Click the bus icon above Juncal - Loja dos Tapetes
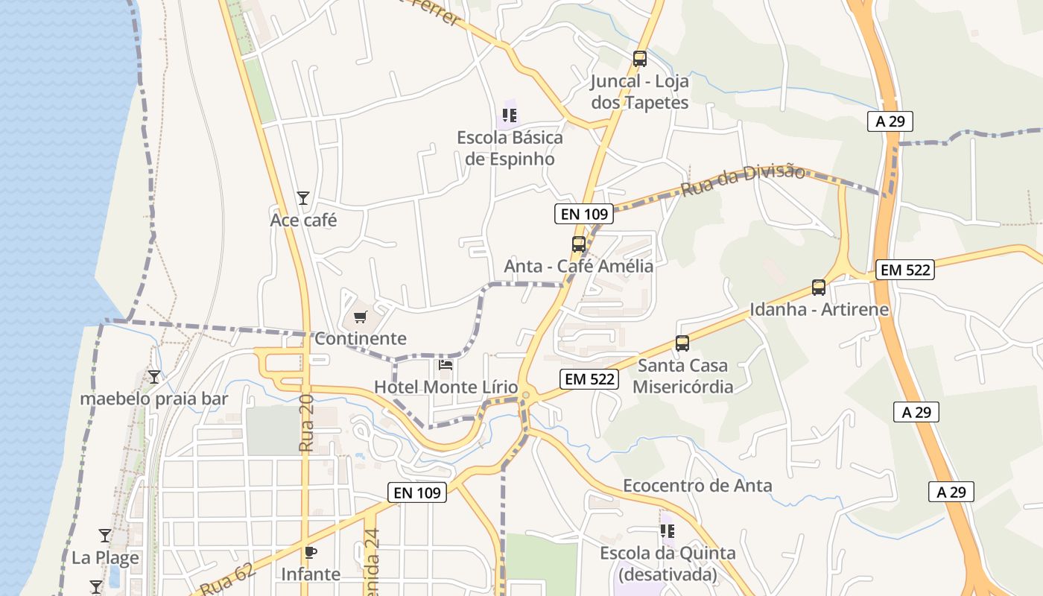coord(639,58)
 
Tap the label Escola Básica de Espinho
coord(510,148)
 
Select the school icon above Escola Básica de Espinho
coord(510,115)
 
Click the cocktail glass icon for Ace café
coord(303,198)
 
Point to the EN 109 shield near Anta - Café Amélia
coord(585,215)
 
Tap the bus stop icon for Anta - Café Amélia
coord(578,244)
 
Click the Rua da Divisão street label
coord(743,180)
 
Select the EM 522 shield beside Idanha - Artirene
coord(905,270)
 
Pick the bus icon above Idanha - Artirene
coord(819,288)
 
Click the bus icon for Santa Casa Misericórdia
coord(682,343)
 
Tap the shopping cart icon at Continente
coord(361,317)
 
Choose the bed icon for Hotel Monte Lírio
coord(446,365)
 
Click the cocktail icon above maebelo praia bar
coord(154,377)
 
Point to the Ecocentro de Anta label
coord(697,486)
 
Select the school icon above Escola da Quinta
coord(668,531)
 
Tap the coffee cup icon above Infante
coord(311,552)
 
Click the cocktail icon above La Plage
coord(105,536)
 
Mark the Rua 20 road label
coord(307,424)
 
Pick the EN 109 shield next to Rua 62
coord(417,492)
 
